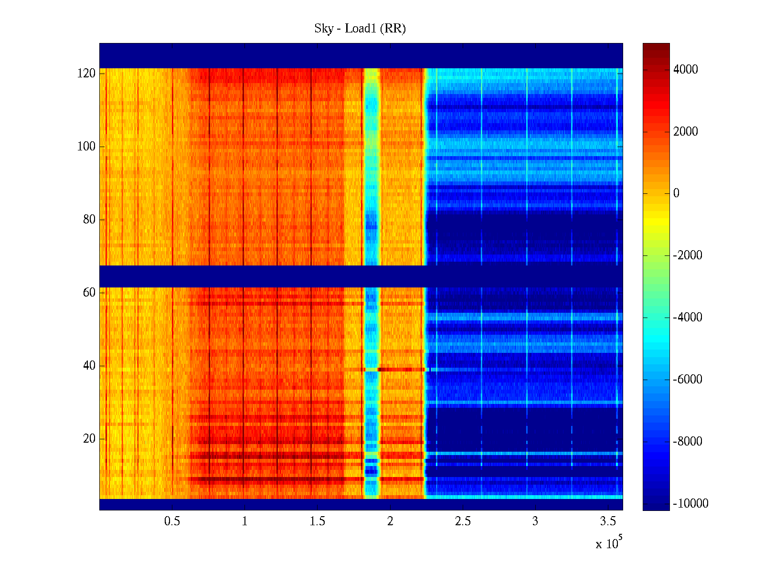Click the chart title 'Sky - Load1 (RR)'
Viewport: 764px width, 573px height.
pyautogui.click(x=360, y=29)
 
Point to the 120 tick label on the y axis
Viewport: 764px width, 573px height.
pyautogui.click(x=86, y=74)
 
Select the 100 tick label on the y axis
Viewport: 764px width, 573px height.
pyautogui.click(x=86, y=147)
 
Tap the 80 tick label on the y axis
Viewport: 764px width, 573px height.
pyautogui.click(x=89, y=220)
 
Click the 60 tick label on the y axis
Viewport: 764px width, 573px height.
pyautogui.click(x=89, y=293)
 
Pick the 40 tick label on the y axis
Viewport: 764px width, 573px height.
pyautogui.click(x=89, y=366)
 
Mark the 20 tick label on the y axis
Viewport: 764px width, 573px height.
pyautogui.click(x=89, y=439)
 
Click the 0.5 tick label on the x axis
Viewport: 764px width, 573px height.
pyautogui.click(x=172, y=521)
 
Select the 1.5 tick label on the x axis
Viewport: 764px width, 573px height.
pyautogui.click(x=317, y=521)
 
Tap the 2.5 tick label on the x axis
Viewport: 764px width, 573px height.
pyautogui.click(x=462, y=521)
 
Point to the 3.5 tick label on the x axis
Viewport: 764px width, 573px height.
pyautogui.click(x=608, y=521)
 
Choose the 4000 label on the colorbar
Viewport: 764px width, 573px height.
pyautogui.click(x=685, y=70)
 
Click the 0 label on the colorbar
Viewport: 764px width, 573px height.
pyautogui.click(x=676, y=193)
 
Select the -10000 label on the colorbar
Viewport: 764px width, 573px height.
pyautogui.click(x=690, y=503)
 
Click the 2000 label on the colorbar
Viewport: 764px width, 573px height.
pyautogui.click(x=685, y=132)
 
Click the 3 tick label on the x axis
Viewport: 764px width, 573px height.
pyautogui.click(x=535, y=521)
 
